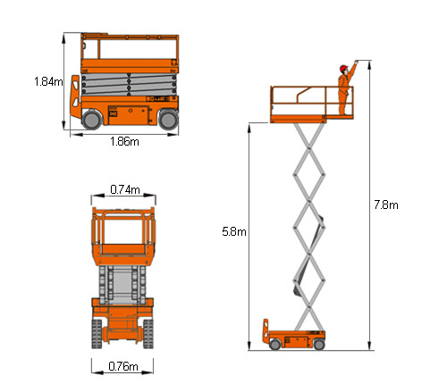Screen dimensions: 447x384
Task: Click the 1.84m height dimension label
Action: pyautogui.click(x=48, y=81)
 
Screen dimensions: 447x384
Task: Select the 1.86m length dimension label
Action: pyautogui.click(x=124, y=141)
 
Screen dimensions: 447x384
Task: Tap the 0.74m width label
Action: pyautogui.click(x=125, y=189)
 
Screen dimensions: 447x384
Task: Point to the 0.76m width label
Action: pyautogui.click(x=123, y=366)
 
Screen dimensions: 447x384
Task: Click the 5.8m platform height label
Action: pyautogui.click(x=234, y=231)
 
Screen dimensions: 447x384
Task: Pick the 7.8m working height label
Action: pyautogui.click(x=386, y=205)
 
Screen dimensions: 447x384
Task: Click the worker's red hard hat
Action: pyautogui.click(x=343, y=68)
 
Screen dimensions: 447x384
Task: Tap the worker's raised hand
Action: pyautogui.click(x=356, y=63)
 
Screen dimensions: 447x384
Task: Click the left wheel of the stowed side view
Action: pyautogui.click(x=91, y=120)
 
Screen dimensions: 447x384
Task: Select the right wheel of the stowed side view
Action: pyautogui.click(x=168, y=120)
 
